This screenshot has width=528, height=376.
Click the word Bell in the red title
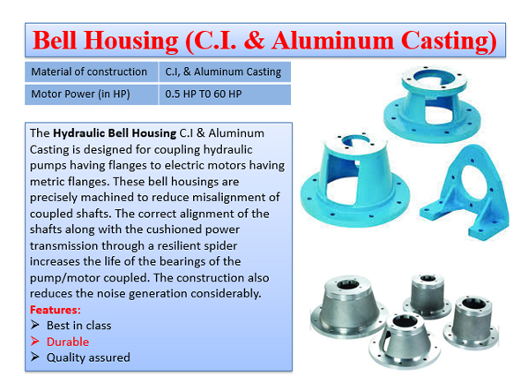point(55,41)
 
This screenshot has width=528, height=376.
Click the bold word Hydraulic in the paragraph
point(79,133)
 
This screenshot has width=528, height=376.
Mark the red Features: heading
point(56,310)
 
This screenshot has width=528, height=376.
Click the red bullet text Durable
point(68,342)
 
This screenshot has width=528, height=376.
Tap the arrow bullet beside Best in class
point(34,325)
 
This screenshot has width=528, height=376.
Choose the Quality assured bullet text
point(88,357)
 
